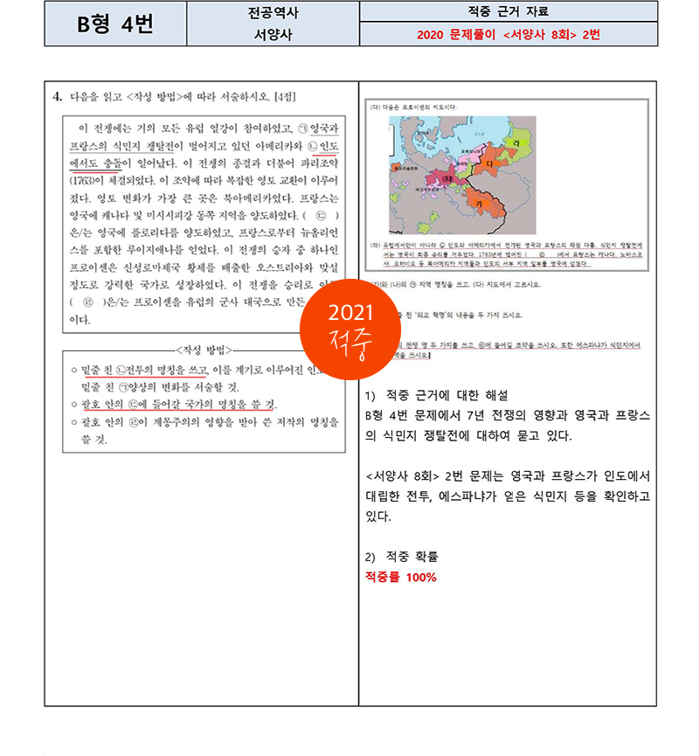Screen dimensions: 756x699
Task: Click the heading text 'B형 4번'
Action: [x=114, y=24]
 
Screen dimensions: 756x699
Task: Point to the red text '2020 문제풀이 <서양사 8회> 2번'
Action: [x=508, y=36]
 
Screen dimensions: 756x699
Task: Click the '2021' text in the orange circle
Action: [x=350, y=313]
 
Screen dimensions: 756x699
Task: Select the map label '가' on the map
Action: [x=477, y=202]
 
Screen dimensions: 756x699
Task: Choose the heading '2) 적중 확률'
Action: [x=401, y=557]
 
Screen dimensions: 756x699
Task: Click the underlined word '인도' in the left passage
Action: [x=329, y=145]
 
